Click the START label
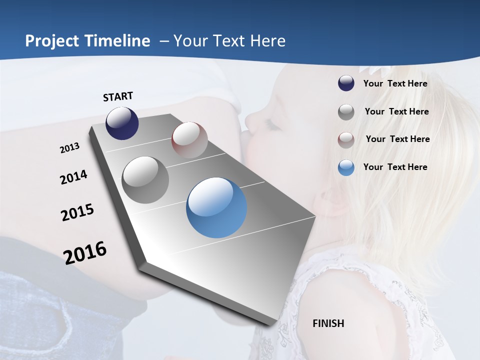click(118, 96)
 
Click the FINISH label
click(328, 323)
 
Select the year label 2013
click(69, 148)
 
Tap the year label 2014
click(73, 177)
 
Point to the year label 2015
click(77, 212)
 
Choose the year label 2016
click(85, 253)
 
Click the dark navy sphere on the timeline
click(122, 123)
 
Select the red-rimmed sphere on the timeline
click(189, 139)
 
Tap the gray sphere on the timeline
click(145, 180)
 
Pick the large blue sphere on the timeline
click(216, 207)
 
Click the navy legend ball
click(346, 83)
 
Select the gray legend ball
click(346, 112)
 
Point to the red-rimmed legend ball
click(346, 139)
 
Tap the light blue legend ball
click(346, 167)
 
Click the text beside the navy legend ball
click(395, 84)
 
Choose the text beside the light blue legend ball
click(395, 167)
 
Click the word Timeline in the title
click(117, 41)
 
